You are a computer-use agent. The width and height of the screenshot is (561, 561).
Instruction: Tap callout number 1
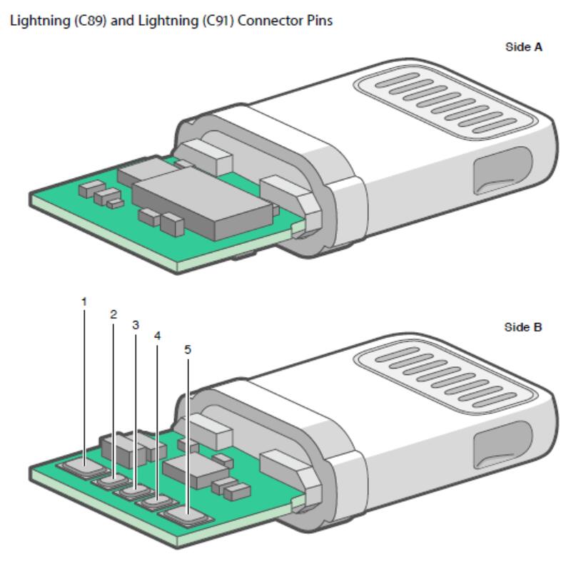tap(84, 302)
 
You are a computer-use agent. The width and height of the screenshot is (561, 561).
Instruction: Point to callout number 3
tap(136, 325)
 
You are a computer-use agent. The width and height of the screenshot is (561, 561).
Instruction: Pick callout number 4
tap(157, 334)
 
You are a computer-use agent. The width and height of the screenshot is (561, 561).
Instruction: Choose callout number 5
tap(188, 350)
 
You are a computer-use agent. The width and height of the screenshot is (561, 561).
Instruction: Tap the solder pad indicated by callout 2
tap(111, 480)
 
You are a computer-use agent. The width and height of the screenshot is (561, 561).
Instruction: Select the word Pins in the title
tap(319, 21)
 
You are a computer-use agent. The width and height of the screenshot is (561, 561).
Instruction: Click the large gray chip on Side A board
tap(203, 207)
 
